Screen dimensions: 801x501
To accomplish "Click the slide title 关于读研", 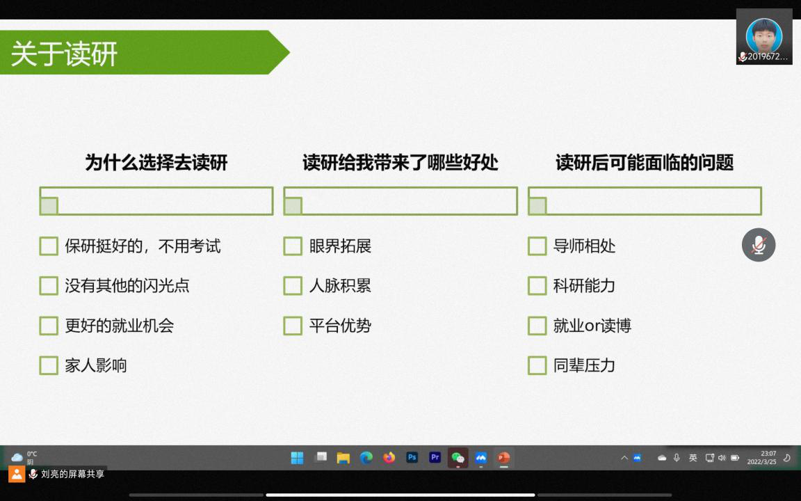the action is (x=65, y=54).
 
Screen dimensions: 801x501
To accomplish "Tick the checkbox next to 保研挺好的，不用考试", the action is (x=49, y=246).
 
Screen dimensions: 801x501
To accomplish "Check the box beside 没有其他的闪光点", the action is (x=49, y=286).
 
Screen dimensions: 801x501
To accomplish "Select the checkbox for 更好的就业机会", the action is (x=49, y=326).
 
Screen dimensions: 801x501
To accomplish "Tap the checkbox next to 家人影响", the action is (x=49, y=365).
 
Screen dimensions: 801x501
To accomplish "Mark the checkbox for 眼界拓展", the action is (x=293, y=246).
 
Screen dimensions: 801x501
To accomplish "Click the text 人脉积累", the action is (x=340, y=285).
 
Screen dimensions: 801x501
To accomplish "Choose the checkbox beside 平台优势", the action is (x=293, y=326).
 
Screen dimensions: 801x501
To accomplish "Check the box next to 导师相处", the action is (x=537, y=246).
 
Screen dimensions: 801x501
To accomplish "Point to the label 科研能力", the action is (x=584, y=285).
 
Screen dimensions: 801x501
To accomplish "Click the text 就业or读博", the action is (x=592, y=325).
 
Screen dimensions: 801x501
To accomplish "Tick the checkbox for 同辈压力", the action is (x=537, y=365).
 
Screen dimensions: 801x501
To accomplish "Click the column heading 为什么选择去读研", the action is (x=156, y=163).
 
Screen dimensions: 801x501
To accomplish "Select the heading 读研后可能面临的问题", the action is (x=645, y=163).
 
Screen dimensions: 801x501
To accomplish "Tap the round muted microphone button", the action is (x=759, y=245).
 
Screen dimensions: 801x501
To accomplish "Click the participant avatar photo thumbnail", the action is (x=763, y=35).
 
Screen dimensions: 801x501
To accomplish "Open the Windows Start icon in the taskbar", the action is (x=298, y=458).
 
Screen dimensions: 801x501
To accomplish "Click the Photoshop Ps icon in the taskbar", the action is (x=412, y=458).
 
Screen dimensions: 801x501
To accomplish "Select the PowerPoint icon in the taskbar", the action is (x=503, y=458).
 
